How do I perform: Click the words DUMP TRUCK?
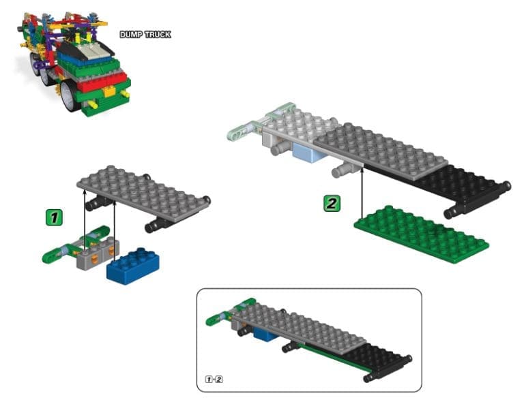(145, 34)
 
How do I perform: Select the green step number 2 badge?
(332, 203)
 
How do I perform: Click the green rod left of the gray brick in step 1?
(58, 251)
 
